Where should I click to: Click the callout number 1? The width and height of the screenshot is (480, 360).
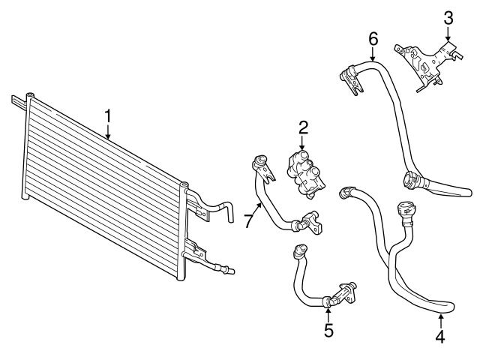pyautogui.click(x=108, y=116)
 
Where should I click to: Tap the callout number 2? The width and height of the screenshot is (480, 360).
pyautogui.click(x=303, y=127)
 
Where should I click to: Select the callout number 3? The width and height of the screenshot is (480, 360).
pyautogui.click(x=448, y=16)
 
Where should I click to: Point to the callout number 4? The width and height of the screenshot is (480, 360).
pyautogui.click(x=440, y=337)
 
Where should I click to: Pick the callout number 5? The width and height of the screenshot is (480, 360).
pyautogui.click(x=328, y=329)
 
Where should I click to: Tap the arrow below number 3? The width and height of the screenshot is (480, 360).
pyautogui.click(x=448, y=33)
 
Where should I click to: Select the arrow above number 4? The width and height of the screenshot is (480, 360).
pyautogui.click(x=440, y=319)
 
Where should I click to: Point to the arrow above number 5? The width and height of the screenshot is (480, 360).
pyautogui.click(x=328, y=311)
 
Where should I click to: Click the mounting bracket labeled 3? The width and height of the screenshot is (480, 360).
pyautogui.click(x=426, y=64)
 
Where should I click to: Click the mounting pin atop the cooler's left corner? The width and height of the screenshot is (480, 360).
pyautogui.click(x=29, y=95)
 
